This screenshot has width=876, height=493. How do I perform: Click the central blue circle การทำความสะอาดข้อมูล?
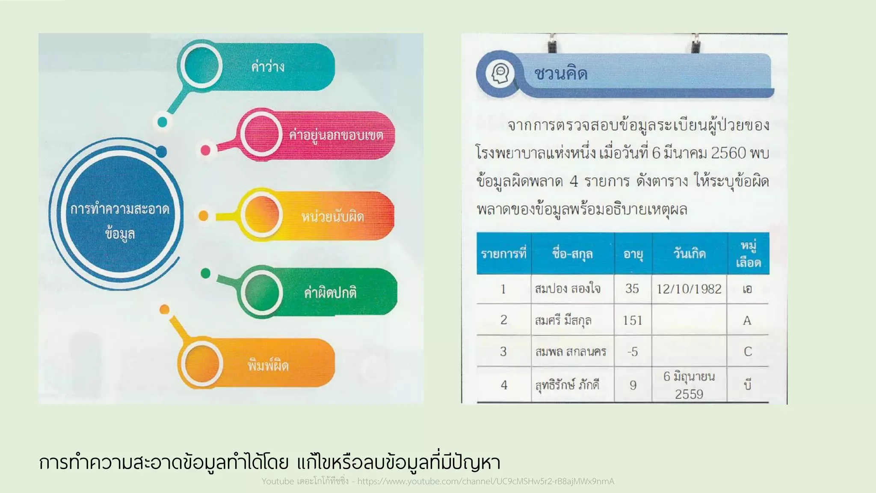[120, 220]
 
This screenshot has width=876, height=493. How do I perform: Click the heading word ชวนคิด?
[561, 74]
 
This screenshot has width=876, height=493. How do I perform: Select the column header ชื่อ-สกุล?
[572, 254]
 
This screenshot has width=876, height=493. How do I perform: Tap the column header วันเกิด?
[690, 254]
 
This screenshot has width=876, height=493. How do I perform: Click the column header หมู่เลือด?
[748, 254]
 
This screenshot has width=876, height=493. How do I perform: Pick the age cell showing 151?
[632, 321]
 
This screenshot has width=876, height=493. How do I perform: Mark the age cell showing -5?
[632, 352]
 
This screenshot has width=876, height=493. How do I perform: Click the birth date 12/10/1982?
[689, 289]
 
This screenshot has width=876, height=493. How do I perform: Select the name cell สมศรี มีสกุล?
[563, 321]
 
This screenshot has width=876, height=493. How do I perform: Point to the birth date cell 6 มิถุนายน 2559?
[689, 385]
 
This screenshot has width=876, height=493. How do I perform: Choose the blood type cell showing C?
[748, 352]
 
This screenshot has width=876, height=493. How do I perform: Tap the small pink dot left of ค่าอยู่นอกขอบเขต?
[206, 150]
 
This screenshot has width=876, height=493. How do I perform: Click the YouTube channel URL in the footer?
[485, 481]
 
